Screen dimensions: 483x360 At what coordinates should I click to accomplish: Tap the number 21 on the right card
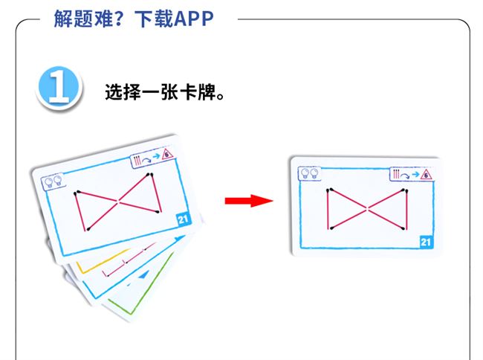point(426,241)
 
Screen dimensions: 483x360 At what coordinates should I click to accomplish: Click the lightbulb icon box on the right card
point(308,173)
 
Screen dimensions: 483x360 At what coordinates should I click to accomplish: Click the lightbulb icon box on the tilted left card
point(54,181)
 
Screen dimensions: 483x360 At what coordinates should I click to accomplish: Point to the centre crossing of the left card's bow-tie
point(117,202)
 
